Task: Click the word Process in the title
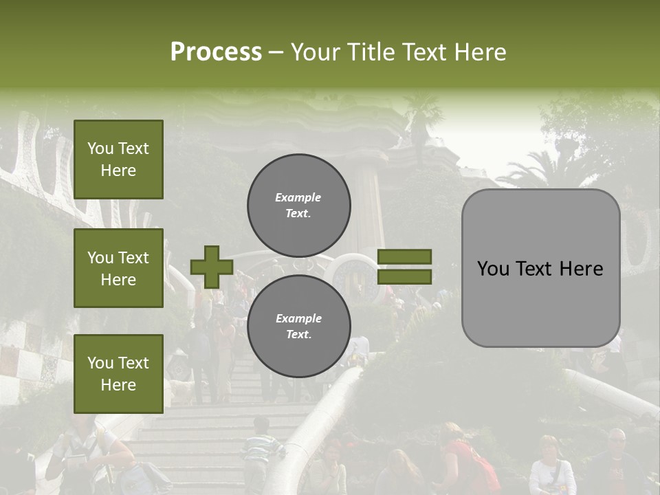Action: [x=216, y=52]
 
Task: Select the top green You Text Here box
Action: [x=118, y=159]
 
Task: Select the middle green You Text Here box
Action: [x=118, y=268]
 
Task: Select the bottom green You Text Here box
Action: [x=118, y=373]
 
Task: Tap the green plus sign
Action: [x=212, y=267]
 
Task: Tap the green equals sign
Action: [x=405, y=267]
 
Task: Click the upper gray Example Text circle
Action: [x=298, y=205]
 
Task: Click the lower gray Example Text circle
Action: [x=298, y=326]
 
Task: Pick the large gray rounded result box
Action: [x=540, y=268]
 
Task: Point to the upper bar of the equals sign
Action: [x=405, y=256]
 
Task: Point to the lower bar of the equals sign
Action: [x=405, y=276]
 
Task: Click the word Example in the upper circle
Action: [x=298, y=197]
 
